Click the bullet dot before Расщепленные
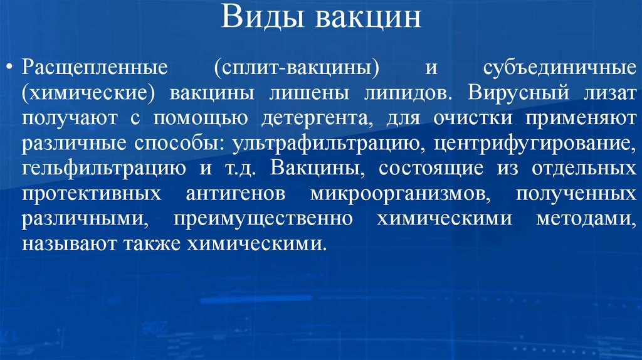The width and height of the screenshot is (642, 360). click(9, 66)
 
